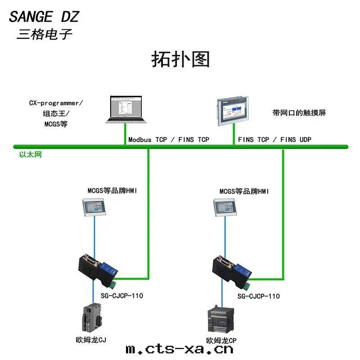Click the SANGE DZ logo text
click(44, 17)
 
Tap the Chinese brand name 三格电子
click(44, 34)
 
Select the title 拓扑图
click(180, 59)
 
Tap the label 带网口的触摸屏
click(299, 113)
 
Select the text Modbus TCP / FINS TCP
click(169, 139)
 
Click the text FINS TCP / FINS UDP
click(274, 139)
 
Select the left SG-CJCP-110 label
click(121, 296)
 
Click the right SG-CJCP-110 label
click(258, 296)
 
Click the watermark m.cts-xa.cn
click(180, 349)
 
